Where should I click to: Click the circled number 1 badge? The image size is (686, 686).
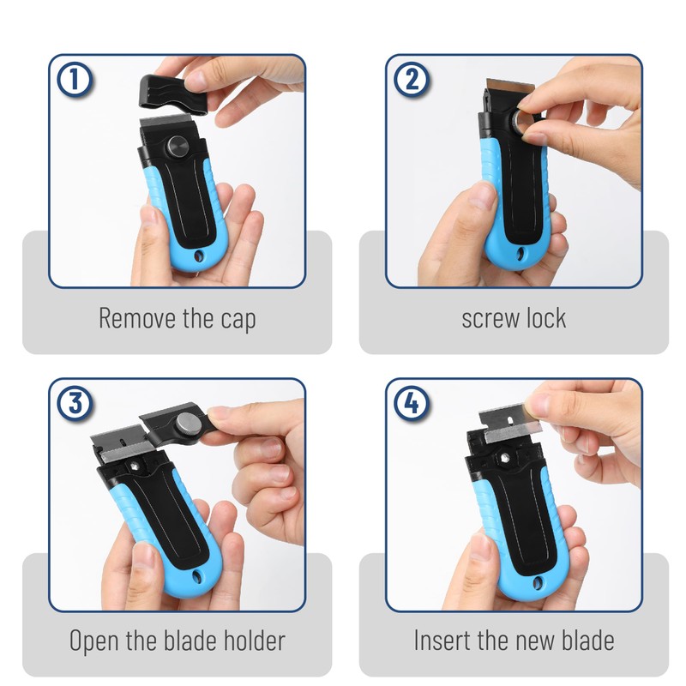pos(75,81)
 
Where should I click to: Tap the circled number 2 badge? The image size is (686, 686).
pos(412,81)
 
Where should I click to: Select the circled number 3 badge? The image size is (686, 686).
pos(75,403)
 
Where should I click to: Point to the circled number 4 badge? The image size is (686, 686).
pos(412,403)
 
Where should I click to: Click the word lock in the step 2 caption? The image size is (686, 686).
pos(545,318)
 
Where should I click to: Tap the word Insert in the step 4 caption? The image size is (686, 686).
pos(442,640)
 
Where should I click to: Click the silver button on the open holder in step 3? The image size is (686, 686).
pos(185,424)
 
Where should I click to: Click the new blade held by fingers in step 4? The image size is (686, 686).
pos(504,426)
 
